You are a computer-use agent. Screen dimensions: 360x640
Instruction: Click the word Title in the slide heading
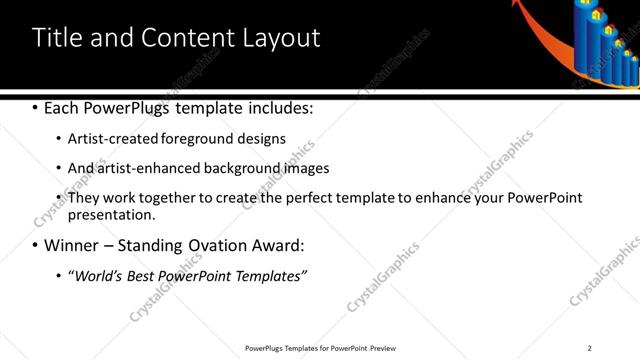pyautogui.click(x=58, y=38)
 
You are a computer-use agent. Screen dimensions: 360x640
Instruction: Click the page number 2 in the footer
pyautogui.click(x=590, y=347)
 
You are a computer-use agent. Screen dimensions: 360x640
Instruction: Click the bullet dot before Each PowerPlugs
pyautogui.click(x=36, y=107)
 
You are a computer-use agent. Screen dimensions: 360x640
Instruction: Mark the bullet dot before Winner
pyautogui.click(x=36, y=244)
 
